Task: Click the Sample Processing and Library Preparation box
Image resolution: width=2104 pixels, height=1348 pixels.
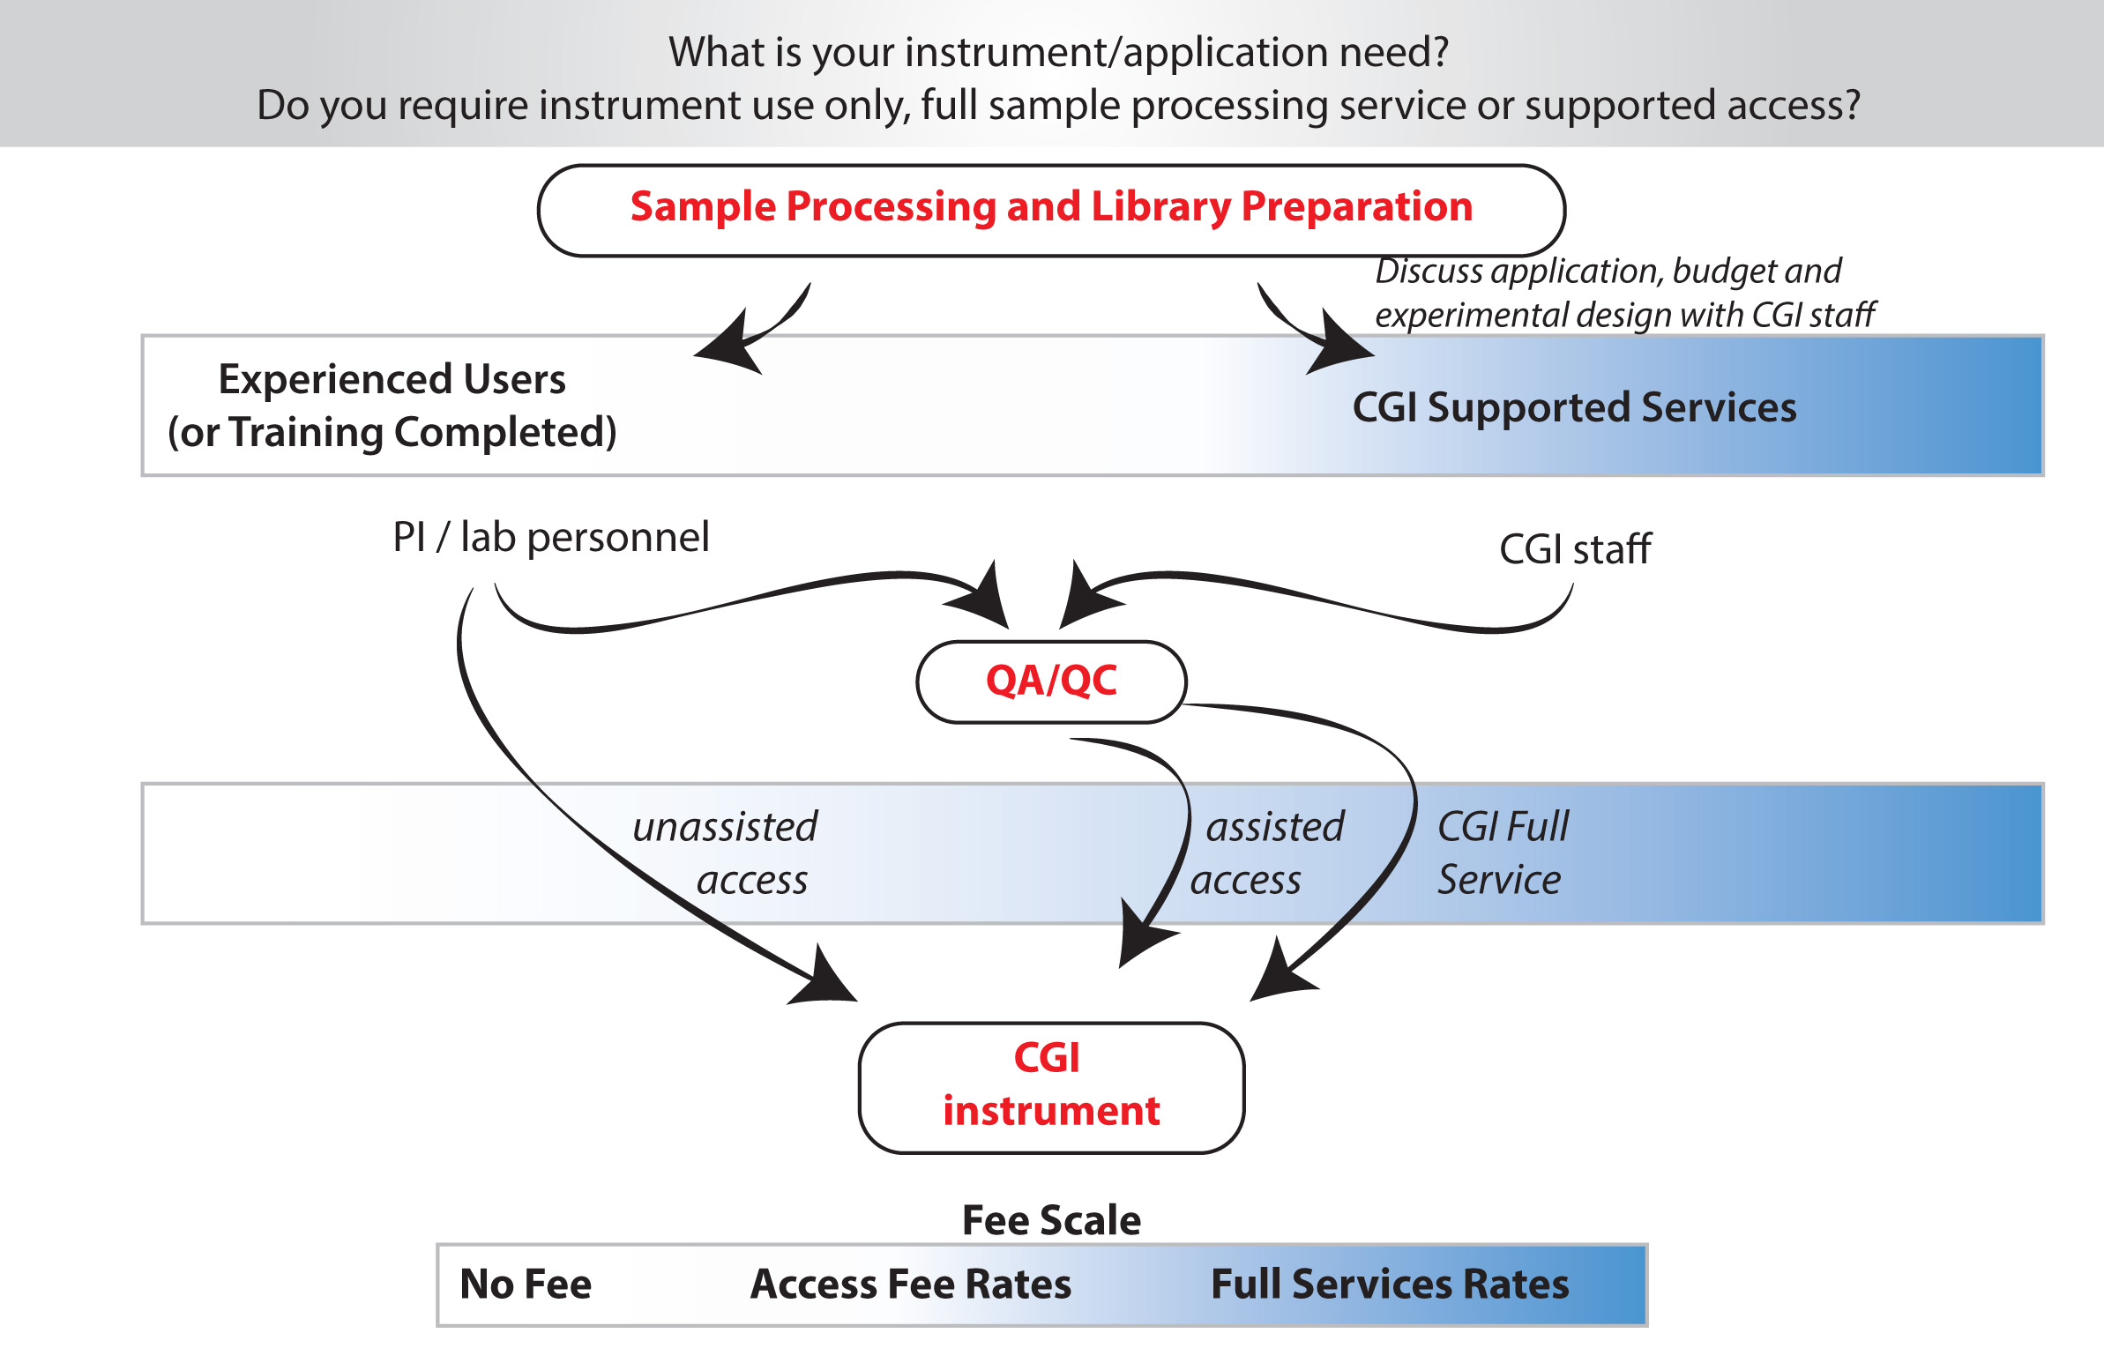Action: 1051,210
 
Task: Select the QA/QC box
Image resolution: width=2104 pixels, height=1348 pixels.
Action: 1051,681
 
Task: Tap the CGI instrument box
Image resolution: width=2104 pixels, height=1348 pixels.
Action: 1051,1087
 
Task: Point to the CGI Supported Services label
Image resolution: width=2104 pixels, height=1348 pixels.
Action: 1574,407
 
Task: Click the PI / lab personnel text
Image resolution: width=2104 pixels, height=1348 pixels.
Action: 551,537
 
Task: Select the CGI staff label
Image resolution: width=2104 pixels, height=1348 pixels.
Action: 1575,549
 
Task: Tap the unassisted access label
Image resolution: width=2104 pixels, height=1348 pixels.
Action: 725,853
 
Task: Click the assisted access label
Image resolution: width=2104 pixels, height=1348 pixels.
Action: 1267,853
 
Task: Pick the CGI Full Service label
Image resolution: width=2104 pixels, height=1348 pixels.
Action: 1503,853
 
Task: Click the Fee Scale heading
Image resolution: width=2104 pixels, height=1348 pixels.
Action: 1051,1220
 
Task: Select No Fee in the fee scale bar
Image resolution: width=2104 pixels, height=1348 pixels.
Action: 526,1284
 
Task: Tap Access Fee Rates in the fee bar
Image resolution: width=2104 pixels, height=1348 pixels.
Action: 911,1284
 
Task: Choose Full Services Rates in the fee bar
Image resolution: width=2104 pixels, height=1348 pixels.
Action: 1390,1284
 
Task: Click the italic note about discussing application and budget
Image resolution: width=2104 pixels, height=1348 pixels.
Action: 1624,293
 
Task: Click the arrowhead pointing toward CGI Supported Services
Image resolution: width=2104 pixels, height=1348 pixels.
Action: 1336,346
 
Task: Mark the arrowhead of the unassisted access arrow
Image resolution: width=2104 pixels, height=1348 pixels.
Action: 824,979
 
